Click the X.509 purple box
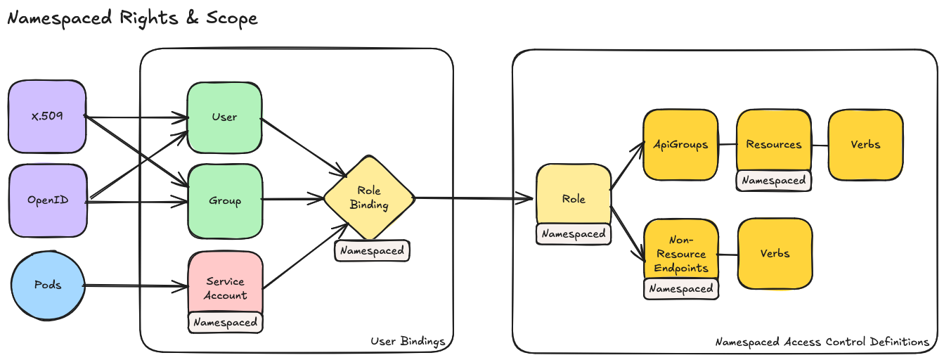(x=47, y=116)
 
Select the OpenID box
(x=47, y=200)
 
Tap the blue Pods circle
(x=48, y=285)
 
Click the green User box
(x=224, y=117)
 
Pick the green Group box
(x=224, y=200)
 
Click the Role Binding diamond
(x=369, y=198)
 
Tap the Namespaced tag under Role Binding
(x=372, y=250)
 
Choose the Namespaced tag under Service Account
(x=225, y=323)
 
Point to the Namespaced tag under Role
(x=574, y=234)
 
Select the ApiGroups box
(x=680, y=144)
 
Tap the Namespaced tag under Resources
(x=773, y=181)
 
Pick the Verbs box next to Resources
(x=865, y=144)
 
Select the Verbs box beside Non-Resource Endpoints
(x=775, y=253)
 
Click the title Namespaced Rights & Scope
(x=132, y=18)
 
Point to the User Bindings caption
(x=408, y=342)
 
